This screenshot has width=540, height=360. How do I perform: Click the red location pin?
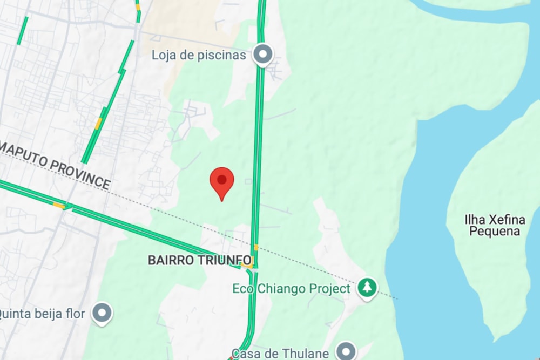[x=221, y=181]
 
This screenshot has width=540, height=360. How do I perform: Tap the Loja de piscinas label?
[x=199, y=55]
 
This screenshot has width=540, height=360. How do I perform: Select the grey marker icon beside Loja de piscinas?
[x=263, y=54]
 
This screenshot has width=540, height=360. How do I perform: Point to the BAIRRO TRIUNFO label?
[x=199, y=260]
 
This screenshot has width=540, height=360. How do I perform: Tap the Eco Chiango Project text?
[x=291, y=289]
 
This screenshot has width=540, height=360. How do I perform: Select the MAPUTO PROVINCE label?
[x=55, y=165]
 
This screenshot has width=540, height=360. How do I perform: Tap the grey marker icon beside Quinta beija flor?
[x=102, y=313]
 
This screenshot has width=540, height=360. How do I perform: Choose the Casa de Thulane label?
[x=280, y=354]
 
